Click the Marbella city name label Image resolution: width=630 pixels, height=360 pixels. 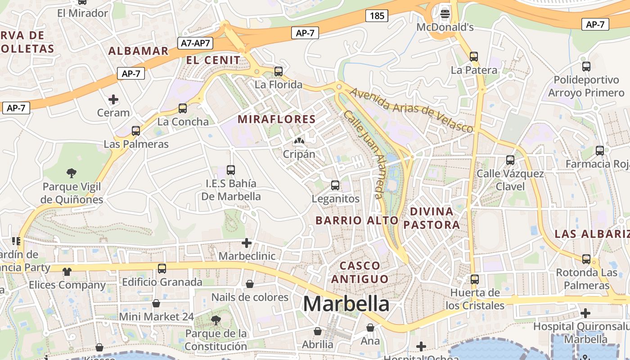coord(346,304)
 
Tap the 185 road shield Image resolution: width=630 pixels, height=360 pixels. coord(377,16)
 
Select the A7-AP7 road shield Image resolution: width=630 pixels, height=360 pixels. coord(196,43)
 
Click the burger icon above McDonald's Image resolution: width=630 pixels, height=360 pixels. coord(445,13)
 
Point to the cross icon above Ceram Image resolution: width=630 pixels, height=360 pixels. coord(113,99)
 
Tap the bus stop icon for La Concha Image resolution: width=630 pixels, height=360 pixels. coord(183,108)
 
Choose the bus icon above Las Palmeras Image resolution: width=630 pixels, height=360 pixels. coord(136,131)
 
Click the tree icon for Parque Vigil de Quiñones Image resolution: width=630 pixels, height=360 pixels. coord(71,173)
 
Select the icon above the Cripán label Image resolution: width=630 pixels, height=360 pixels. coord(299,141)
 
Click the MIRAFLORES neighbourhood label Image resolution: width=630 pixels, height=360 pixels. coord(277,119)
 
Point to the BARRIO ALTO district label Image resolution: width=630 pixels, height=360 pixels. coord(357,220)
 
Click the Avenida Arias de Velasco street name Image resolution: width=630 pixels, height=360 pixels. coord(411,110)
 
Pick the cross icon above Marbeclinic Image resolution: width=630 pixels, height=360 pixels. coord(247,243)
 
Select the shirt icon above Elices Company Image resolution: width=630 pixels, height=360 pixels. coord(67,271)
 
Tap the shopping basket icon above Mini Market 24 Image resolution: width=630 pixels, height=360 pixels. coord(156,303)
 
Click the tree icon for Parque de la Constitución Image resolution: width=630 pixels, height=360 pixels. coord(216,320)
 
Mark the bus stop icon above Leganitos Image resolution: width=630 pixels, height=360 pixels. coord(335,185)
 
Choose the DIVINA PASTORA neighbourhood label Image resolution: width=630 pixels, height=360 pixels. coord(432,218)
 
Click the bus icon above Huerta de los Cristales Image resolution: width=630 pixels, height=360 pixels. coord(475,279)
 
